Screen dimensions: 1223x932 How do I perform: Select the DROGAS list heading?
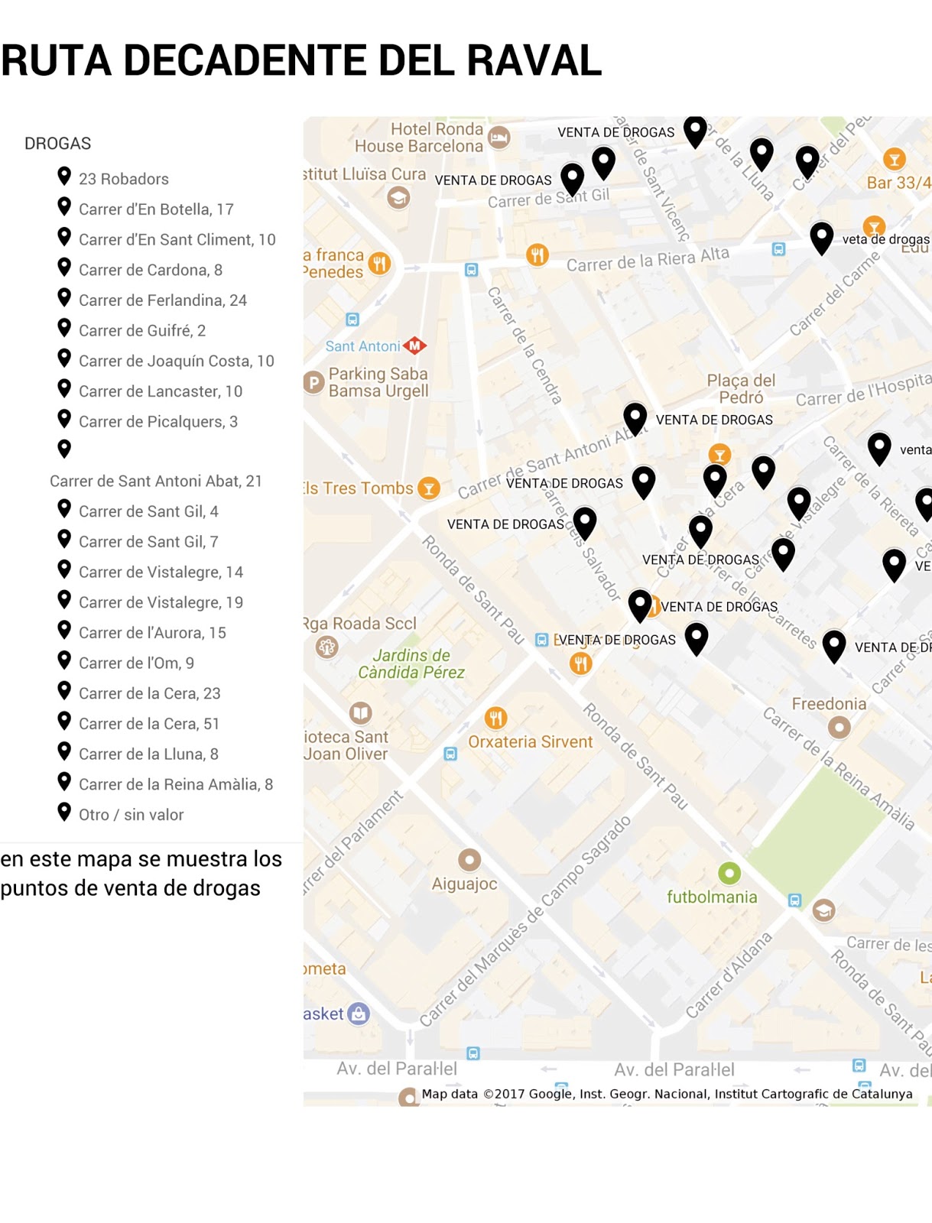[57, 144]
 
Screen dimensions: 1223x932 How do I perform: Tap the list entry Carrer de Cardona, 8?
[150, 270]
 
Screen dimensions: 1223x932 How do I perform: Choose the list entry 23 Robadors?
[123, 179]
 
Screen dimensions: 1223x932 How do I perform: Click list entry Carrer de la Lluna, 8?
[148, 754]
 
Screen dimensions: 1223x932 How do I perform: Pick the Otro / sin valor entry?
[131, 815]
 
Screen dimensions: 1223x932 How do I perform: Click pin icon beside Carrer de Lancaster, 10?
[64, 389]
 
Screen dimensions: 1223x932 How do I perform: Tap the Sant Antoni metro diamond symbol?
[414, 345]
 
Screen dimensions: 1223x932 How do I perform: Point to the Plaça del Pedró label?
[740, 388]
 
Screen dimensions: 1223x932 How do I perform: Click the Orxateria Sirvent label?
[530, 741]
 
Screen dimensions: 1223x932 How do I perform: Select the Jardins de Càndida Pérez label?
[411, 663]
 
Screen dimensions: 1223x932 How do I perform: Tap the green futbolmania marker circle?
[729, 872]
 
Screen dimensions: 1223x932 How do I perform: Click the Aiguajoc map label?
[464, 884]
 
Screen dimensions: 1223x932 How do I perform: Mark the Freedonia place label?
[829, 703]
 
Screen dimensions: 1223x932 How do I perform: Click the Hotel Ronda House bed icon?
[498, 138]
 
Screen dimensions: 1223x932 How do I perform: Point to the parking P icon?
[313, 381]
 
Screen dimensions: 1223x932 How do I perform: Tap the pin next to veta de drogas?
[821, 236]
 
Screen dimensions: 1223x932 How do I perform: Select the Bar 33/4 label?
[898, 183]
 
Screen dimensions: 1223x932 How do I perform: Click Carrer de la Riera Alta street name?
[648, 259]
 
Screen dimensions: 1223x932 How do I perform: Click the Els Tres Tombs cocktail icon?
[429, 488]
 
